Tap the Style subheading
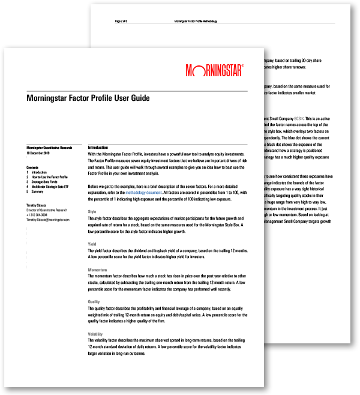pos(92,229)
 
